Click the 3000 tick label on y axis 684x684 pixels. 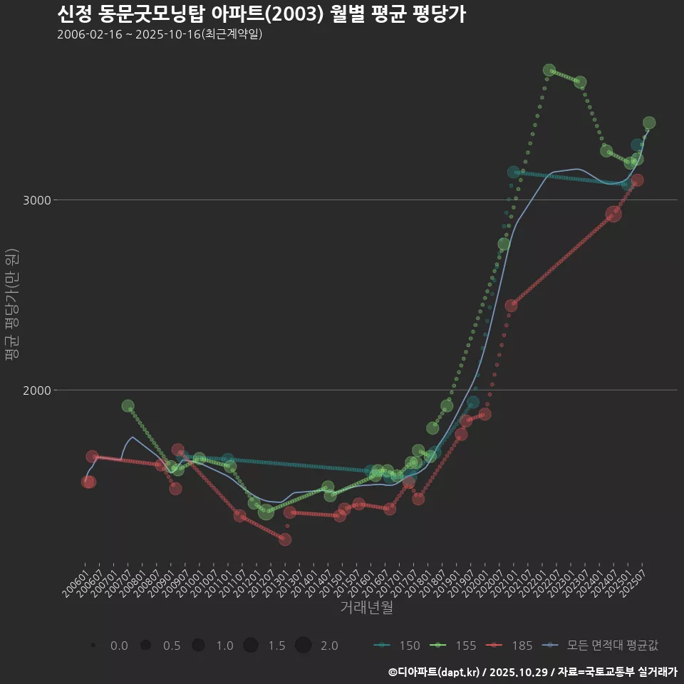(x=36, y=200)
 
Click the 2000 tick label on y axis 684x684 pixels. (x=36, y=390)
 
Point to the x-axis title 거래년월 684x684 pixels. (x=366, y=608)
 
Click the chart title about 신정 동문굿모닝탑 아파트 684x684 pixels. (x=261, y=14)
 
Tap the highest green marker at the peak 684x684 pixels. (x=549, y=71)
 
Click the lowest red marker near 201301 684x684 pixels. (x=285, y=539)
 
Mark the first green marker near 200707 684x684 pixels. (x=128, y=406)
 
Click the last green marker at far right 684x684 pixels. (x=649, y=123)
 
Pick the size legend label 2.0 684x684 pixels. (x=329, y=646)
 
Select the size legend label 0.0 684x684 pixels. (x=119, y=646)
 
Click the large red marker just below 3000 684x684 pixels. (x=613, y=214)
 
